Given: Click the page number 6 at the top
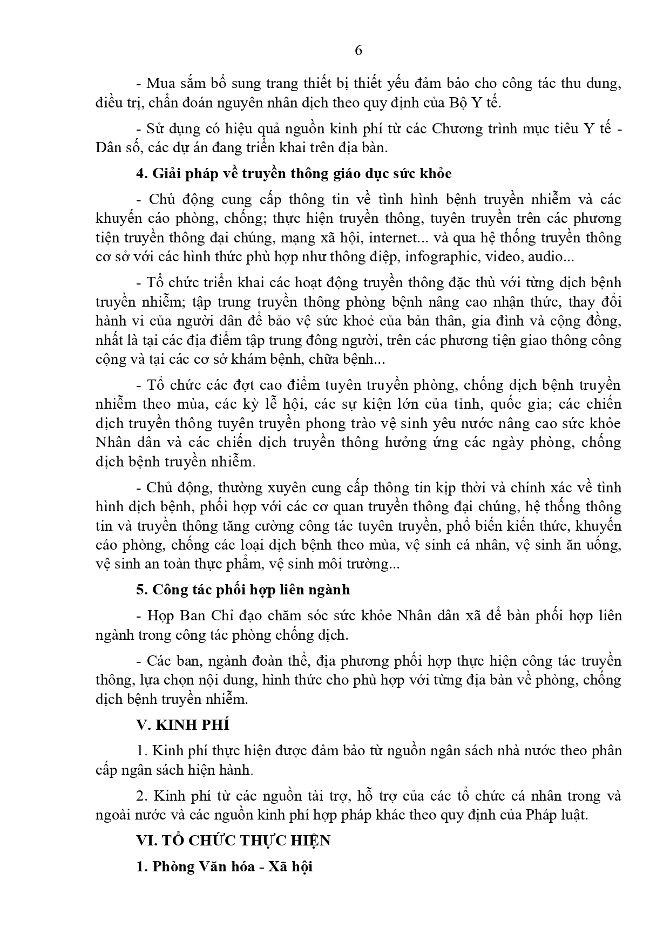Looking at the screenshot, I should (x=358, y=51).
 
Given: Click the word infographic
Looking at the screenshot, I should (x=442, y=256).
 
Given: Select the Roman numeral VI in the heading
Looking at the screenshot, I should (x=144, y=841).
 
